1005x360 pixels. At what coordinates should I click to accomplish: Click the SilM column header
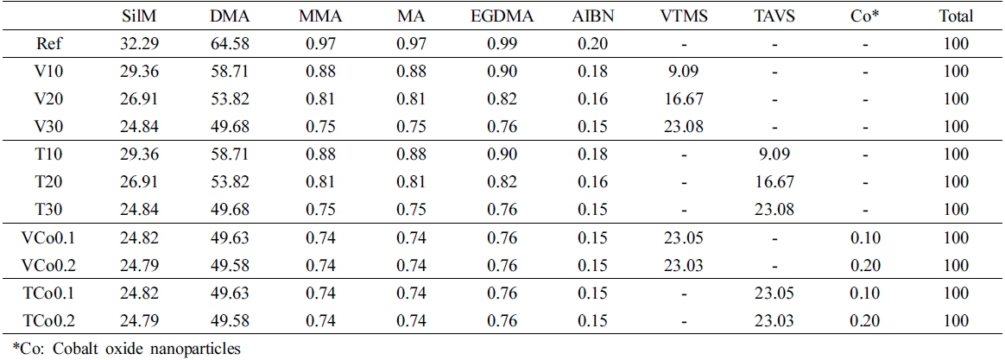pyautogui.click(x=139, y=16)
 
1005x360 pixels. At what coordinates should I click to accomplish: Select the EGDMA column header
pyautogui.click(x=502, y=16)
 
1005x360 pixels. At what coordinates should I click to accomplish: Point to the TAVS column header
pyautogui.click(x=774, y=16)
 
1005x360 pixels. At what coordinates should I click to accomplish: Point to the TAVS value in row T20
pyautogui.click(x=774, y=182)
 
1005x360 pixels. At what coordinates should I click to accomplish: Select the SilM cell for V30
pyautogui.click(x=139, y=127)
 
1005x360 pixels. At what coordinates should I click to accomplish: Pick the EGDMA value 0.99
pyautogui.click(x=502, y=45)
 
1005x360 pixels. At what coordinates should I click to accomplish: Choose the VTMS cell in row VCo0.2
pyautogui.click(x=685, y=264)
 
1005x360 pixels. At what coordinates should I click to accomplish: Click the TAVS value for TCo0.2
pyautogui.click(x=774, y=319)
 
